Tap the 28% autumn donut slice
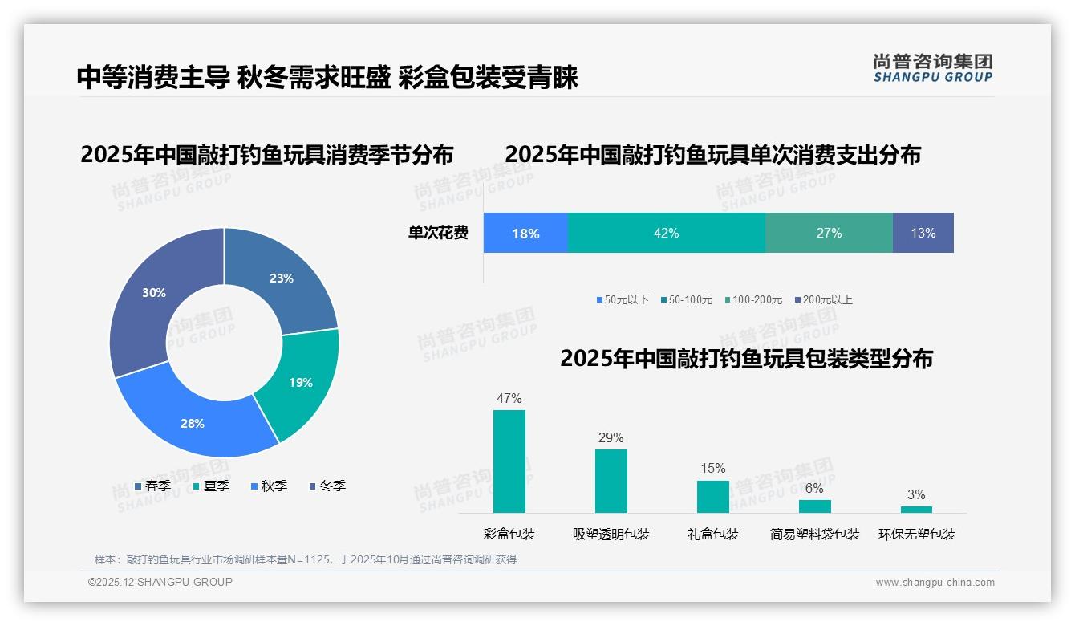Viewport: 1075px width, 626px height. pos(193,423)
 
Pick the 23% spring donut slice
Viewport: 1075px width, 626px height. pos(282,278)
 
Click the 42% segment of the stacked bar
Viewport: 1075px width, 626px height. pos(666,234)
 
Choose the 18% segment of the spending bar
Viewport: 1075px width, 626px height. pos(525,234)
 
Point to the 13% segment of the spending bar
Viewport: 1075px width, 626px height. pos(923,234)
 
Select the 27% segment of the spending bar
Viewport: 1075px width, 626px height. pos(829,234)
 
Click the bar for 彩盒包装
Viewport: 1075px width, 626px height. pos(509,461)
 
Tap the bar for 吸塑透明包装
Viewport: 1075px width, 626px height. pos(611,481)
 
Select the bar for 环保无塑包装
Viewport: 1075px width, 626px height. pos(916,510)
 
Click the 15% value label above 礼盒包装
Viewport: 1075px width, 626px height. pos(712,468)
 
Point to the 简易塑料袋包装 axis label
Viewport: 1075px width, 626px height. pos(814,535)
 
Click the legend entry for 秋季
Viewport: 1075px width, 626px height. pos(269,486)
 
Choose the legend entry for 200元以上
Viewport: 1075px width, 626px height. pos(824,299)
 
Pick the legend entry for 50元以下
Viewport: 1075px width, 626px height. pos(623,299)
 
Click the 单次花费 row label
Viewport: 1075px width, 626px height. pos(438,234)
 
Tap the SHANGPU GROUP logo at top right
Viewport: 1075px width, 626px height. pos(932,67)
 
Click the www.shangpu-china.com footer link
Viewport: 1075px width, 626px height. pos(935,583)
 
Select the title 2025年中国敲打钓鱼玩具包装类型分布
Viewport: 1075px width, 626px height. pos(746,359)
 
